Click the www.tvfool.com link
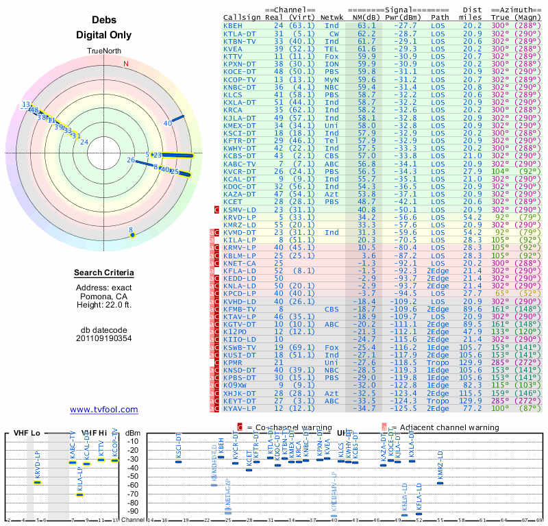(x=104, y=410)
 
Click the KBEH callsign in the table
(x=232, y=25)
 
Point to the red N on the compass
(x=126, y=64)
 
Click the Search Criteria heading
(x=104, y=273)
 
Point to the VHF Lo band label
(x=27, y=434)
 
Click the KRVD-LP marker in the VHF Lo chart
(x=38, y=482)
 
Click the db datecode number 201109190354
(x=104, y=338)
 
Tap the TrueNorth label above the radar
(x=104, y=51)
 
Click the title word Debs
(x=104, y=21)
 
